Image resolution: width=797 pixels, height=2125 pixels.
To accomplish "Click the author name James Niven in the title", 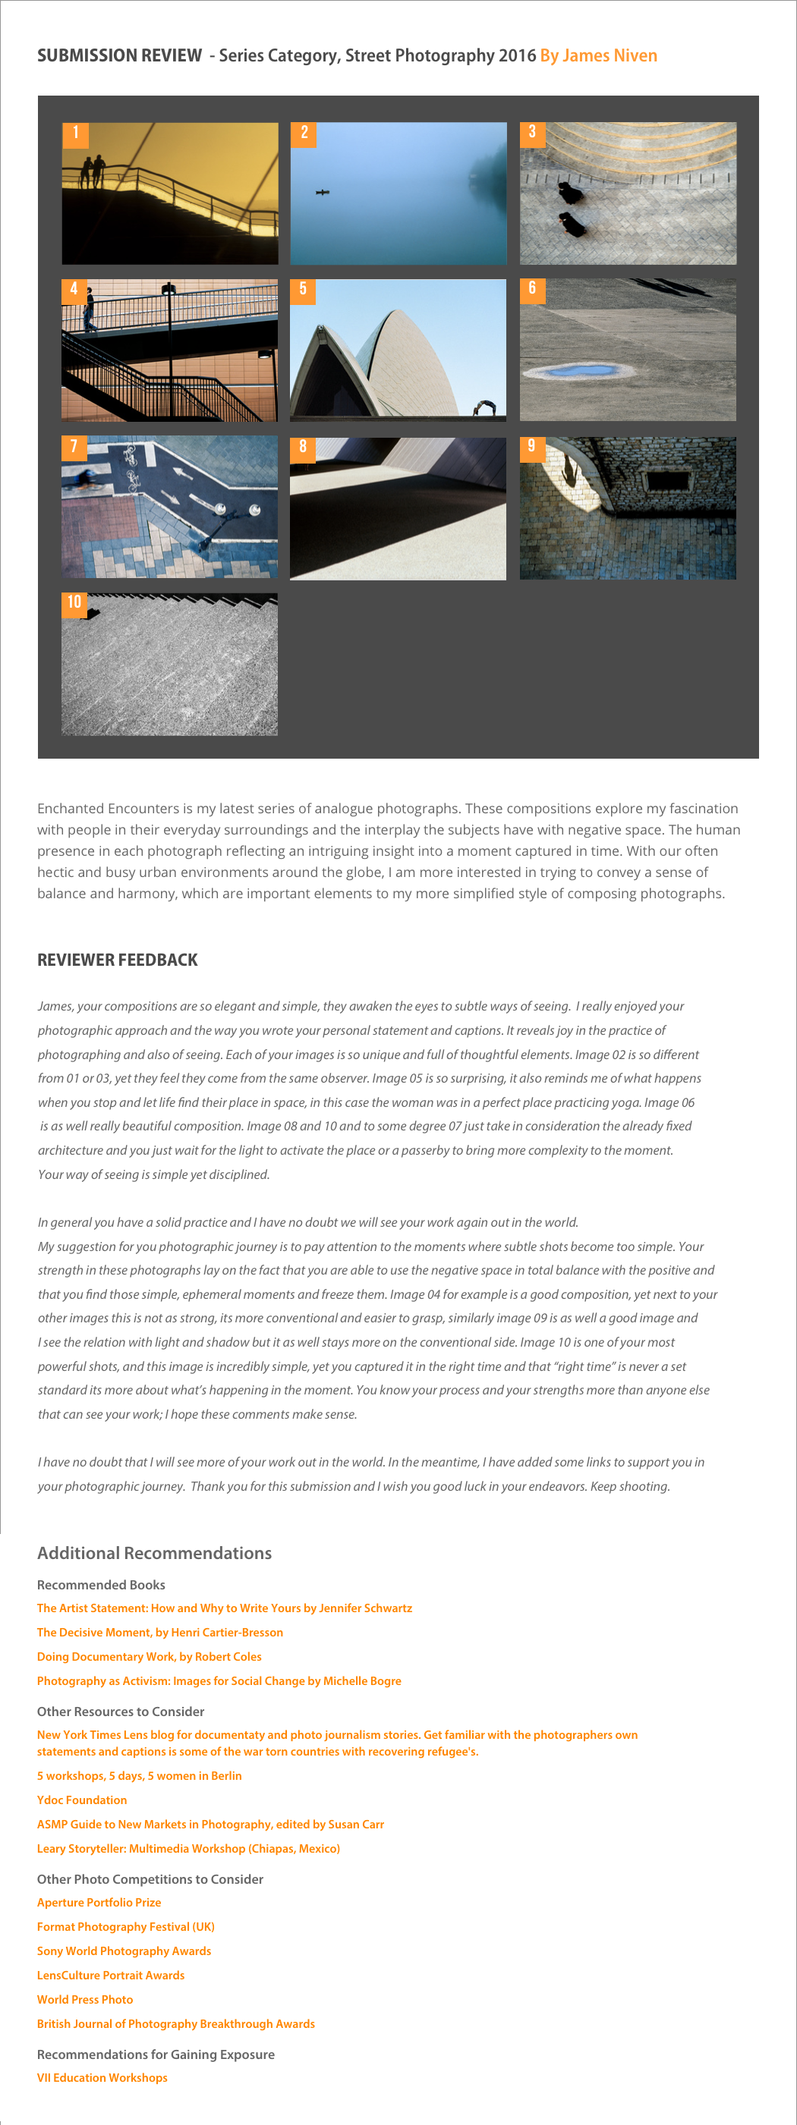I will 598,55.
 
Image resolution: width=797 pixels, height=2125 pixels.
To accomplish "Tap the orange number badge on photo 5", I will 303,290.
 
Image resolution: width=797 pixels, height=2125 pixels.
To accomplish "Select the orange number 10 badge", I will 74,603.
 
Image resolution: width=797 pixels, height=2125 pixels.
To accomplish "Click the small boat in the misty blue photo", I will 323,192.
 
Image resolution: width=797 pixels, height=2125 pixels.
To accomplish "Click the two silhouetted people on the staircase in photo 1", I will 92,171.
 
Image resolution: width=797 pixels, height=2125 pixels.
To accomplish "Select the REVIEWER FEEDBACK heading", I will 117,960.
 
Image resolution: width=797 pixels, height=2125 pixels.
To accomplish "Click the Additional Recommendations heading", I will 154,1552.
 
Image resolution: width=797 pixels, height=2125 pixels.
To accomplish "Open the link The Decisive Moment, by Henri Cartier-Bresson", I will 160,1632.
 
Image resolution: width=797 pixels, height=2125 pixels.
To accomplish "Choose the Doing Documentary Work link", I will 150,1656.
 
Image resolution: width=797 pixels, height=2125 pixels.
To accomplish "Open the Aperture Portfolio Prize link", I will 99,1902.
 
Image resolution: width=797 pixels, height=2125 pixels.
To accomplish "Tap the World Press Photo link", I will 85,2000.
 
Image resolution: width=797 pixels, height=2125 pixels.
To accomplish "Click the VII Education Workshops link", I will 102,2078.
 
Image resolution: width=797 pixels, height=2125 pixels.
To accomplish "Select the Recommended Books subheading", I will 101,1585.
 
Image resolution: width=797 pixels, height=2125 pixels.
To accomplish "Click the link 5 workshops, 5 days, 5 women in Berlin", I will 140,1775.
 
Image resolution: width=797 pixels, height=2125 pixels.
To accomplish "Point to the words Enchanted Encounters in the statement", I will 108,809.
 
